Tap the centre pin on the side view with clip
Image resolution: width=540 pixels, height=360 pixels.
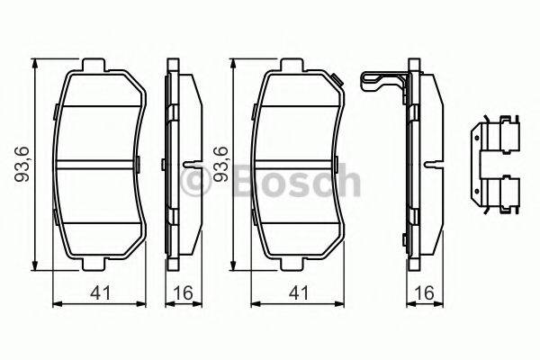(433, 166)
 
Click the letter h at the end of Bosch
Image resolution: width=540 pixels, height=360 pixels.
(348, 183)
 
